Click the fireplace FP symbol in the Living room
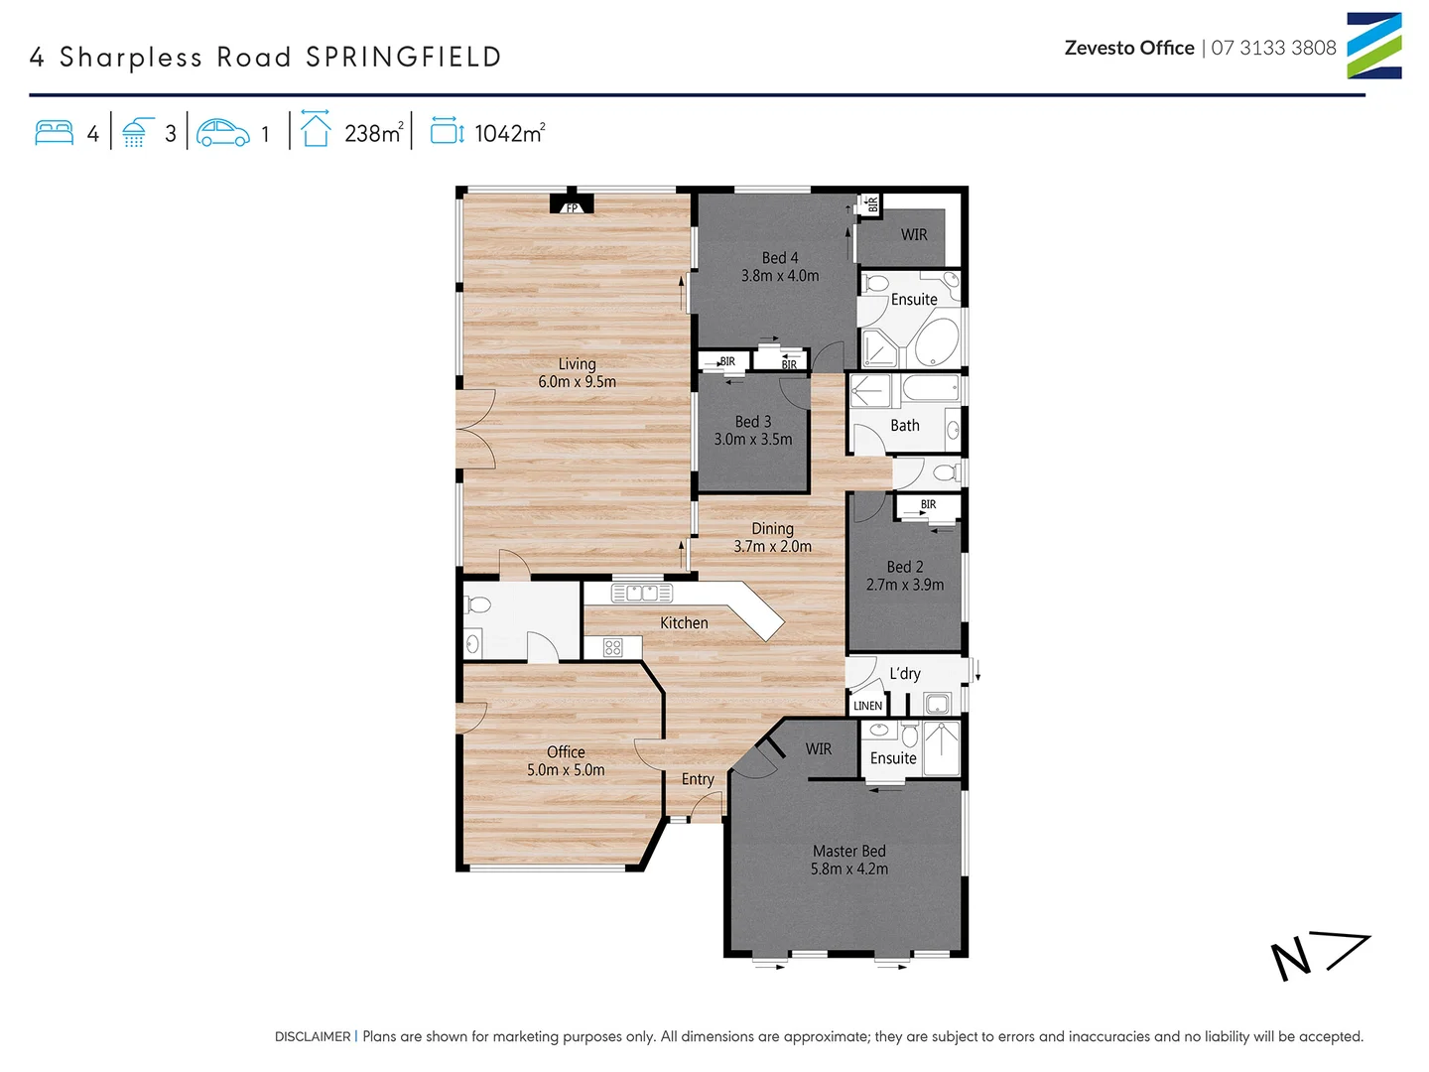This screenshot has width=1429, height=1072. [x=572, y=205]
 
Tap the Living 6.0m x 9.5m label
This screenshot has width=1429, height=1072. [x=577, y=373]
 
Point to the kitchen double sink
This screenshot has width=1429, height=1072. [x=642, y=594]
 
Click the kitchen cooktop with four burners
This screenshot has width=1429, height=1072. [x=612, y=648]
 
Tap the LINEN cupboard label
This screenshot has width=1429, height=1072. [x=867, y=706]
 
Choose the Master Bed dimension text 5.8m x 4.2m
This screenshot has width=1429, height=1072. [x=848, y=870]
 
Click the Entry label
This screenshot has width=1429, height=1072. [x=698, y=779]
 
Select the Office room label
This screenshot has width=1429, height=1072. [x=566, y=752]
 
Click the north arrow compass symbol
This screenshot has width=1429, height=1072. [x=1319, y=957]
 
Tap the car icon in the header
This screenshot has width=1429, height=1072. [x=223, y=133]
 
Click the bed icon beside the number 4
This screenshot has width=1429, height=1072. [x=55, y=133]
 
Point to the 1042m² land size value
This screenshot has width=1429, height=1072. [x=509, y=133]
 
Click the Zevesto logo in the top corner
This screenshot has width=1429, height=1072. [x=1373, y=46]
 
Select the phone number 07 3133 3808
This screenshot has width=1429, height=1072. [x=1273, y=48]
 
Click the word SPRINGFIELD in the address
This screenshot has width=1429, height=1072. [x=403, y=58]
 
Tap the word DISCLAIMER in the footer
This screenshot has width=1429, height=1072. [x=313, y=1036]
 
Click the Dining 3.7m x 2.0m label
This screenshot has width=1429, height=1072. [x=772, y=538]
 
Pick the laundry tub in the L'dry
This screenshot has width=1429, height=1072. [x=937, y=705]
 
